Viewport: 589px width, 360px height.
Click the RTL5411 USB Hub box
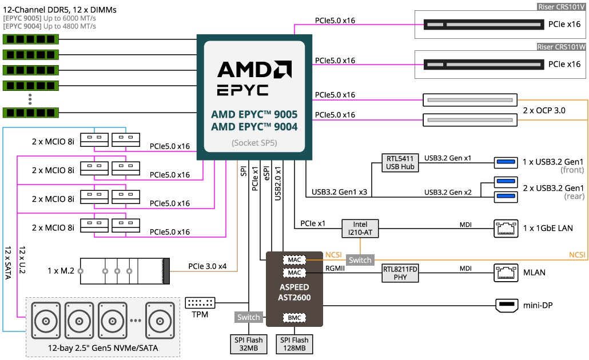pos(400,162)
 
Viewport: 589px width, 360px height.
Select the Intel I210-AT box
pos(360,228)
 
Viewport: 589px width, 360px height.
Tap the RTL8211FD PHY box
pos(400,273)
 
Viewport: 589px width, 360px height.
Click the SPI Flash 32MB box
pos(248,345)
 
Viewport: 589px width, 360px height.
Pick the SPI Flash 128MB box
pos(294,345)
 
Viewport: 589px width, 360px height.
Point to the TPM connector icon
pos(200,302)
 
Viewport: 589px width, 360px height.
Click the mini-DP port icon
pos(506,306)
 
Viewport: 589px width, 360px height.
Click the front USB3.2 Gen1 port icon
pos(506,163)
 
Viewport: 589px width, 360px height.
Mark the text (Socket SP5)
pos(254,143)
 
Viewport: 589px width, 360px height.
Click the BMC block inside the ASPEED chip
pos(294,317)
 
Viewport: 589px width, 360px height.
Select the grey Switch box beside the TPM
pos(248,317)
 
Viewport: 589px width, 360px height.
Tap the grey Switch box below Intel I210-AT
pos(360,260)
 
